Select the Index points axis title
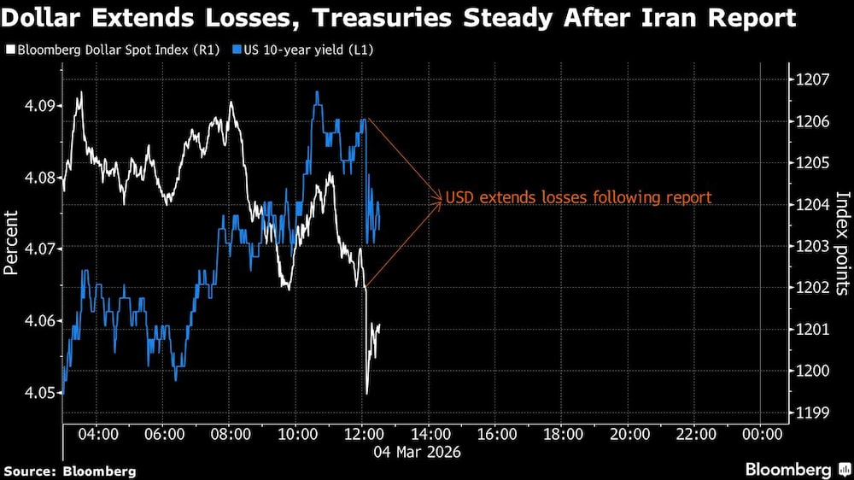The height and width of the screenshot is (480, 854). click(x=842, y=243)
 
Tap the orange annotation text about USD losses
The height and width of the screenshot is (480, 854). click(x=578, y=198)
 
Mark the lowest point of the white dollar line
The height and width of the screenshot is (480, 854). click(x=367, y=393)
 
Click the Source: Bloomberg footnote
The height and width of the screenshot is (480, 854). click(x=70, y=471)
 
